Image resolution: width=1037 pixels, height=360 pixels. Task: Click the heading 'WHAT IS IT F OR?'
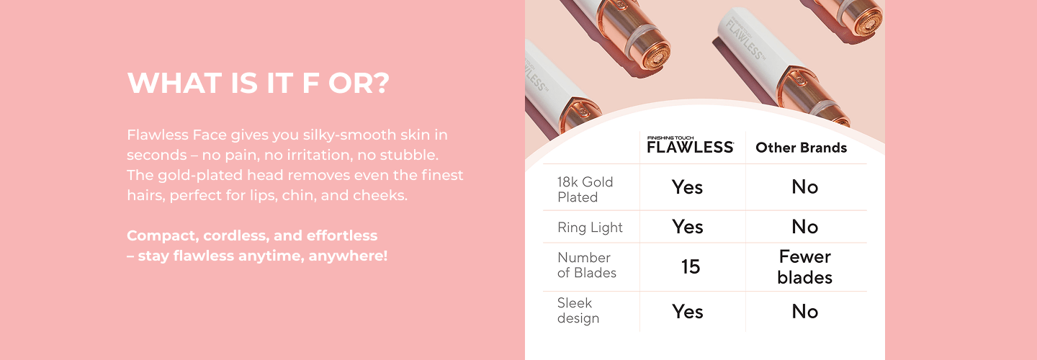click(x=259, y=83)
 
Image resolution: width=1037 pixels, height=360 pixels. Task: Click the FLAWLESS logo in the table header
click(x=690, y=145)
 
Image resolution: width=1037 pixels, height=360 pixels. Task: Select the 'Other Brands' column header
click(x=801, y=148)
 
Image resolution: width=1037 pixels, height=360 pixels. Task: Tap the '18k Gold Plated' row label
click(x=585, y=189)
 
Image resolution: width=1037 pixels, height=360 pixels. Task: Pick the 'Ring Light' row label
click(x=590, y=228)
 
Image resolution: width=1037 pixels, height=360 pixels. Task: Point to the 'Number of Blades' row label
click(x=586, y=265)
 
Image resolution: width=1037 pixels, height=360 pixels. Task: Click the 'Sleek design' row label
click(x=578, y=310)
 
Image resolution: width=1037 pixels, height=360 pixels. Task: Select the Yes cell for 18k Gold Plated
click(x=688, y=187)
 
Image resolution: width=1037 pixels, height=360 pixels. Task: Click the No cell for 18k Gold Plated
click(x=805, y=187)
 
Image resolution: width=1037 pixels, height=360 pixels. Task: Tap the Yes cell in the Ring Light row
click(x=688, y=227)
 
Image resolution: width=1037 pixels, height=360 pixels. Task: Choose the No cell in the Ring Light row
click(x=805, y=227)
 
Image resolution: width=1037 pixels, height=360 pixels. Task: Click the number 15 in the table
click(x=690, y=266)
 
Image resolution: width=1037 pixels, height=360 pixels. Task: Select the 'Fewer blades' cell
click(x=805, y=267)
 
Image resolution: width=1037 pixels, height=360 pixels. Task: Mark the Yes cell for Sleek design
click(x=688, y=312)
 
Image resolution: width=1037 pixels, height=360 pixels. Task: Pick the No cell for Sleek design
click(x=805, y=312)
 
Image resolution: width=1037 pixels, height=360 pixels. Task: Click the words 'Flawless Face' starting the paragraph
click(x=177, y=135)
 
